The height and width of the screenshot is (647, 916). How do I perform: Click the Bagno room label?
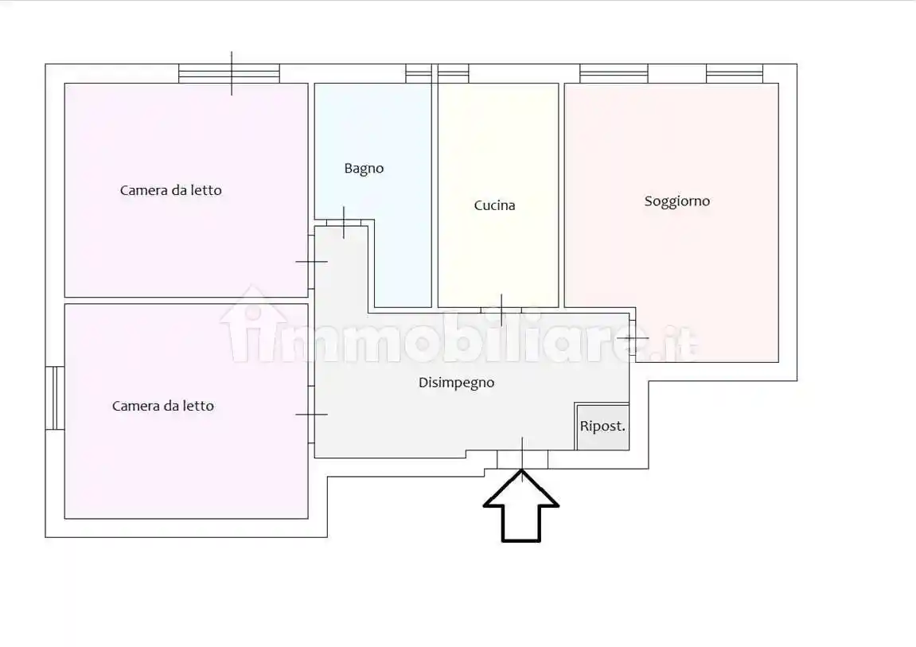coord(364,169)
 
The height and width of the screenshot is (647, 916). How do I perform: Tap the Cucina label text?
coord(494,205)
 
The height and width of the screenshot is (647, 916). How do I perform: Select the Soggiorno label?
coord(676,201)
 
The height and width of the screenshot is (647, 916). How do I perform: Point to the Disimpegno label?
coord(456,383)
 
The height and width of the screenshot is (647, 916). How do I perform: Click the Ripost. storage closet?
coord(602,427)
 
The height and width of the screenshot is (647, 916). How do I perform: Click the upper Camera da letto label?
coord(170,190)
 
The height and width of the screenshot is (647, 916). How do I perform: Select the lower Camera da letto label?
coord(162,406)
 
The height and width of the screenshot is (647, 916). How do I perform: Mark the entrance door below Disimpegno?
coord(522,459)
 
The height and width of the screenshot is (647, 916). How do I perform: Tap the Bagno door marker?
coord(344,222)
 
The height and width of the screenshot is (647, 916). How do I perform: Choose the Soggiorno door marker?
coord(633,338)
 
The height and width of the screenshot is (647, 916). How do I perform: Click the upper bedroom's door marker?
coord(311,262)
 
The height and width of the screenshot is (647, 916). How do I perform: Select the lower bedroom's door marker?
coord(311,414)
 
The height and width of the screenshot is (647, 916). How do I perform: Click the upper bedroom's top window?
coord(229,73)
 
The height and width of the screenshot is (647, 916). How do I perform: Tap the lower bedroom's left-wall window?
coord(54,398)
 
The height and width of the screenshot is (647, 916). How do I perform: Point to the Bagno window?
coord(419,74)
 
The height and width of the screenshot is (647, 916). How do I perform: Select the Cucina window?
coord(453,74)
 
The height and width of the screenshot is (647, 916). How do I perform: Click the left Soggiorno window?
coord(614,74)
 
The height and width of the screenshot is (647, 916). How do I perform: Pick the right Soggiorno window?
coord(734,74)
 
